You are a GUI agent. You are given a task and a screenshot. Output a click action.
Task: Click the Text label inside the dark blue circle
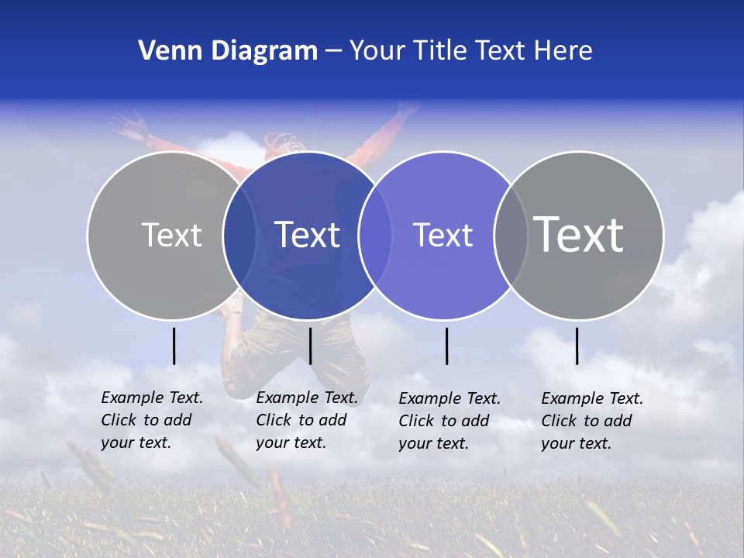point(308,235)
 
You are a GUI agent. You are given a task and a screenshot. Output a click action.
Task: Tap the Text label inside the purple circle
point(443,235)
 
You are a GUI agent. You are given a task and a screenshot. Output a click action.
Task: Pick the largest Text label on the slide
point(579,234)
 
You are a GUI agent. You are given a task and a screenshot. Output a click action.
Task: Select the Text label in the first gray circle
point(171,235)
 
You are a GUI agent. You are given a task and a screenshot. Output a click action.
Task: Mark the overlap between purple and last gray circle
point(511,236)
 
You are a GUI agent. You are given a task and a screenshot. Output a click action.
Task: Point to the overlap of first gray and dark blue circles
point(239,236)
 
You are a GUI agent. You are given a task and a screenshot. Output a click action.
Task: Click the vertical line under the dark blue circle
point(310,346)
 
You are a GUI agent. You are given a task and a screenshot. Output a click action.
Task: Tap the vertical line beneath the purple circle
point(447,346)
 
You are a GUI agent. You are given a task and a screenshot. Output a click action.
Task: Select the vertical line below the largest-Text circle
point(577,346)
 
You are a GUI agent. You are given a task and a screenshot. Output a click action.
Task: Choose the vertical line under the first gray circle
point(174,346)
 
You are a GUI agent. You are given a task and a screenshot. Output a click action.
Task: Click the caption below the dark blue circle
point(306,420)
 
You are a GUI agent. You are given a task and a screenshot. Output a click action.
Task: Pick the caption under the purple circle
point(449,421)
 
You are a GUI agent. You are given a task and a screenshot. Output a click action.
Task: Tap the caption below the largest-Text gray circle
point(591,421)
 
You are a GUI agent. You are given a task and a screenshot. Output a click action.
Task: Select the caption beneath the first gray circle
point(151,420)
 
